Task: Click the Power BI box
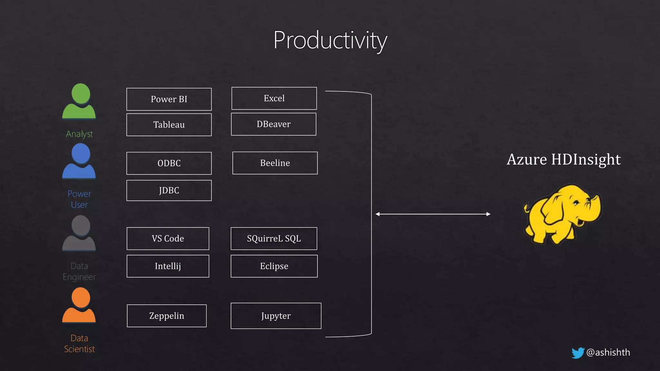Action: tap(169, 99)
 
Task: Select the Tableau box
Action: tap(169, 125)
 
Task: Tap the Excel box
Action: tap(274, 98)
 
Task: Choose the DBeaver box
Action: tap(274, 124)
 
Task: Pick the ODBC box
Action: tap(169, 163)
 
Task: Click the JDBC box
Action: tap(169, 190)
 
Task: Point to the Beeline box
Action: tap(275, 163)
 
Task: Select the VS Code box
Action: tap(168, 238)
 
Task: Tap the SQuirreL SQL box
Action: tap(274, 238)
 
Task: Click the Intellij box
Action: tap(168, 266)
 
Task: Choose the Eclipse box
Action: tap(274, 266)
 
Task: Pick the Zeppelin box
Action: tap(167, 316)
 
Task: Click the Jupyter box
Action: tap(276, 316)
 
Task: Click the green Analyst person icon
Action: tap(79, 101)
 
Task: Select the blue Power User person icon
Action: tap(79, 161)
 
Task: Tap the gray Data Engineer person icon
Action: tap(79, 233)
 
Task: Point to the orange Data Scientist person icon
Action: tap(79, 305)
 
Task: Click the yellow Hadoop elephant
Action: tap(562, 214)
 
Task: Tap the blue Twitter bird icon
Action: tap(578, 353)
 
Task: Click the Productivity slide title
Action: tap(330, 40)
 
